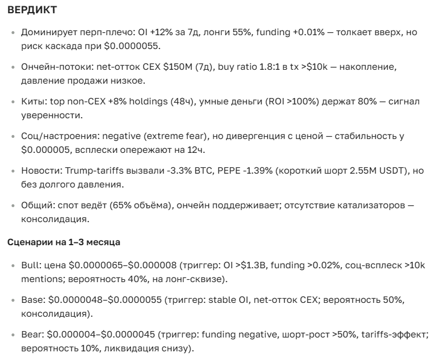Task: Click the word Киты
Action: [x=32, y=102]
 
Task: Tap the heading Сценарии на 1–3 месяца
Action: [x=63, y=242]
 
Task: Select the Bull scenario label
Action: [x=31, y=265]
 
